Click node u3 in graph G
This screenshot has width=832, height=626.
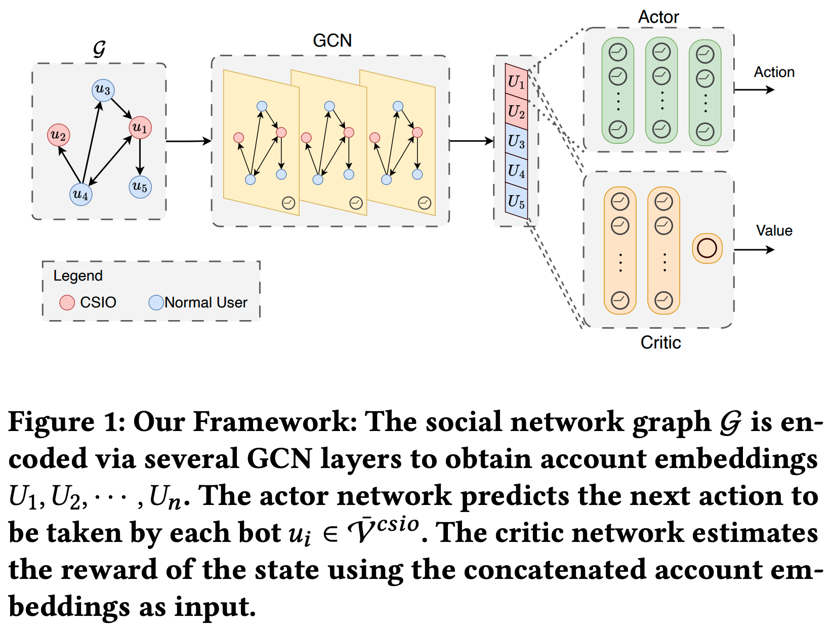103,90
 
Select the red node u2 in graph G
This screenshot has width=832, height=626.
59,135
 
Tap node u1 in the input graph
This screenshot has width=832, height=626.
140,127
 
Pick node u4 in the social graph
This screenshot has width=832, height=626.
81,194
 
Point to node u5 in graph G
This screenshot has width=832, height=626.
140,186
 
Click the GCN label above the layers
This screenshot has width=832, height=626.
332,41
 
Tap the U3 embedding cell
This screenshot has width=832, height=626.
516,141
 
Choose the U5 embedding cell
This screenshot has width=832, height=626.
516,202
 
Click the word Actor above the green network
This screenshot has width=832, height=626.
658,17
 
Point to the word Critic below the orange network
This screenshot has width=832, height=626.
660,342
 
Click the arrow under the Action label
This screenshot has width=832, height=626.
754,90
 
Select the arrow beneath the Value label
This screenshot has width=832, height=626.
754,249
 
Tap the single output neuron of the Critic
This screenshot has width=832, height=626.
706,248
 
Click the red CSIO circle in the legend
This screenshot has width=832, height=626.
67,302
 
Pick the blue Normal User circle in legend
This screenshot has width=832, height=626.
156,302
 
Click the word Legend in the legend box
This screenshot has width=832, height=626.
78,276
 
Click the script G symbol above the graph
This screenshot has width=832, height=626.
99,49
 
